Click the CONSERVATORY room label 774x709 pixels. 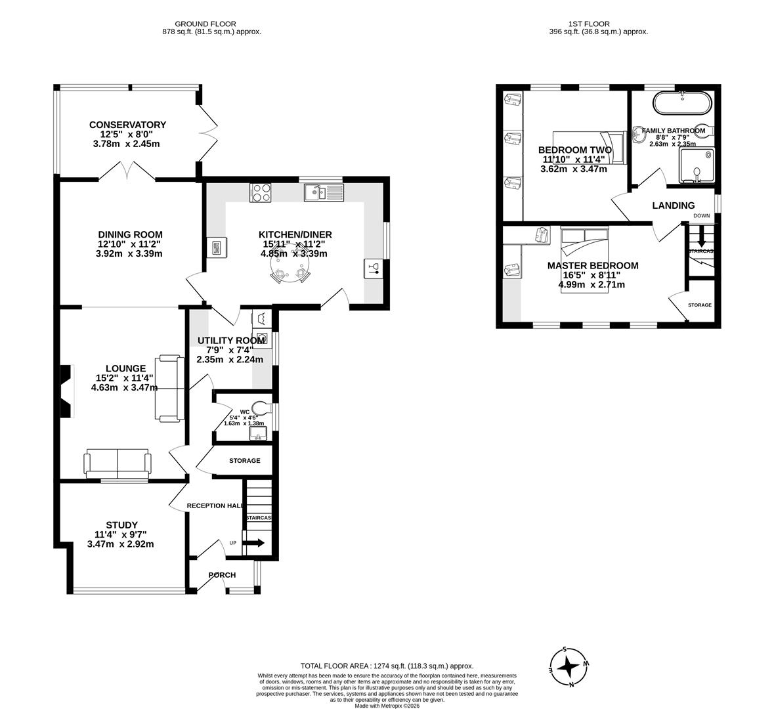pyautogui.click(x=127, y=125)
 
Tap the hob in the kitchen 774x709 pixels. pyautogui.click(x=261, y=192)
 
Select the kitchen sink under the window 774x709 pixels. pyautogui.click(x=323, y=192)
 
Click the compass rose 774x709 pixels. pyautogui.click(x=568, y=667)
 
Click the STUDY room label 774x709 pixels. pyautogui.click(x=121, y=525)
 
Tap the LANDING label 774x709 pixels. pyautogui.click(x=673, y=205)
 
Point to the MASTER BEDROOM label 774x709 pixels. pyautogui.click(x=592, y=266)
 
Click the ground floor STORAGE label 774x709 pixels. pyautogui.click(x=244, y=461)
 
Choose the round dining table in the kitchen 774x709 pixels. pyautogui.click(x=291, y=272)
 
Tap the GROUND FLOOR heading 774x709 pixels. pyautogui.click(x=210, y=24)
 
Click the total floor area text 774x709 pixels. pyautogui.click(x=387, y=666)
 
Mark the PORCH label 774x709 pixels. pyautogui.click(x=222, y=575)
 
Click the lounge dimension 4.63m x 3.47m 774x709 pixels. pyautogui.click(x=124, y=387)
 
